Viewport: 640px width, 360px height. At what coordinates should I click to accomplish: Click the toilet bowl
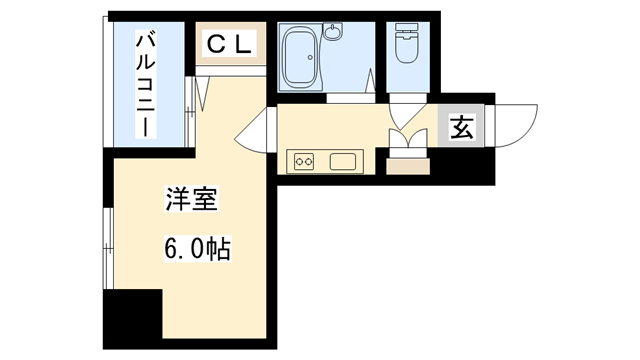pyautogui.click(x=407, y=52)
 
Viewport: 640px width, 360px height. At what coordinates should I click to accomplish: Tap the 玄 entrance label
pyautogui.click(x=462, y=128)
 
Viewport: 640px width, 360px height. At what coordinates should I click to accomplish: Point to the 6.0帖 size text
pyautogui.click(x=197, y=248)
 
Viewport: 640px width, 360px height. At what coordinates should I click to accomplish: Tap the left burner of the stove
pyautogui.click(x=297, y=160)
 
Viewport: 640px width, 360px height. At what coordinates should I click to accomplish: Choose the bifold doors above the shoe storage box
pyautogui.click(x=406, y=141)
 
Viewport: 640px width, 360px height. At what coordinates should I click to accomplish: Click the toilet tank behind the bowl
pyautogui.click(x=407, y=30)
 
